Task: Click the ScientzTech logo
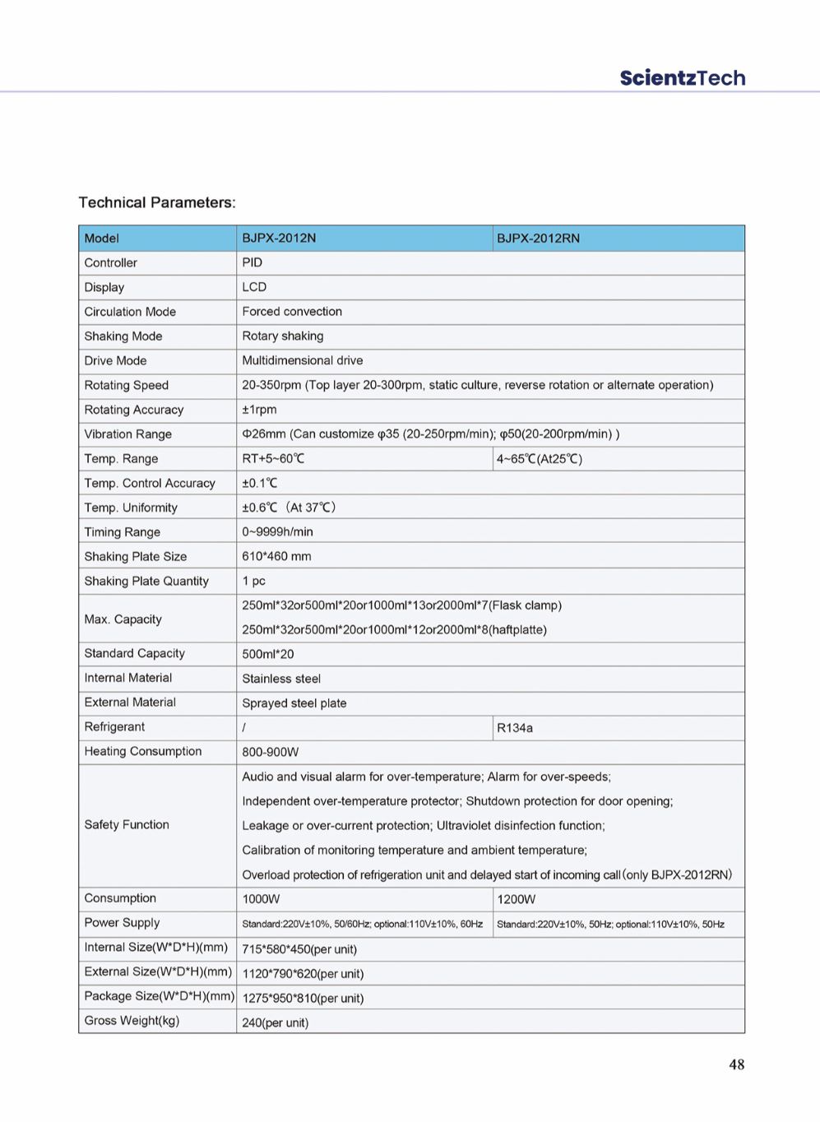click(682, 78)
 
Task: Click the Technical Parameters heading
click(157, 202)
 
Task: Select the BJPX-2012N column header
click(279, 238)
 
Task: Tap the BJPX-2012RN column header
click(538, 238)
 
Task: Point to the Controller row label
click(110, 262)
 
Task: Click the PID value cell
click(252, 262)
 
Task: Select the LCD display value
click(254, 287)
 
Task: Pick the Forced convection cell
click(292, 312)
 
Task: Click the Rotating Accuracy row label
click(133, 410)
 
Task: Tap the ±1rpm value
click(259, 410)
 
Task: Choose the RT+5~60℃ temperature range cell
click(273, 458)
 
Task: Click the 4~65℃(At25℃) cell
click(539, 459)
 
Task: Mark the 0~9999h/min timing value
click(277, 532)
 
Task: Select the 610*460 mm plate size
click(276, 557)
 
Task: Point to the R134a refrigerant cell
click(515, 728)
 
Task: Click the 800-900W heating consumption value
click(270, 752)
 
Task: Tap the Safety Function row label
click(127, 824)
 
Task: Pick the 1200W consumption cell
click(516, 899)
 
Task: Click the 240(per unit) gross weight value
click(275, 1023)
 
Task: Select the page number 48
click(736, 1064)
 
